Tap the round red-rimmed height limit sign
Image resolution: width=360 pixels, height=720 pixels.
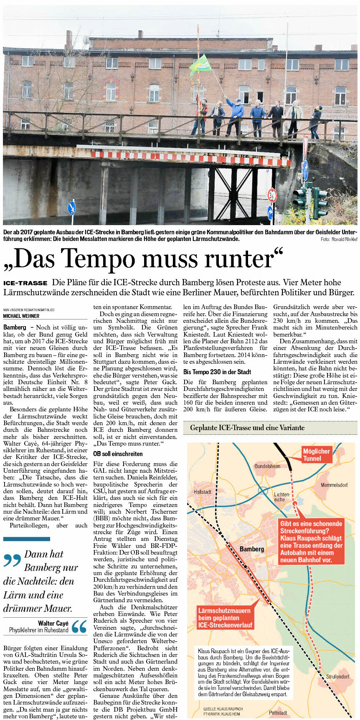coord(272,195)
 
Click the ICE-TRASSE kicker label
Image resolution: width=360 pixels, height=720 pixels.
coord(25,283)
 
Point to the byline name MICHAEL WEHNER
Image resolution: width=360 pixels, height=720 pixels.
coord(21,316)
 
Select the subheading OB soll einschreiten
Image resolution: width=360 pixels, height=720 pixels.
coord(118,454)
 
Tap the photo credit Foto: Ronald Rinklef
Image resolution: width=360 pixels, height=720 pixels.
coord(339,239)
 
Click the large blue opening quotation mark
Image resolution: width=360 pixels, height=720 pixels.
coord(12,560)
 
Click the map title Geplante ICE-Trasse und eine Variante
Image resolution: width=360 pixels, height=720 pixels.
coord(247,428)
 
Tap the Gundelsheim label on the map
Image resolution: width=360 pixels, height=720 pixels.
coord(268,466)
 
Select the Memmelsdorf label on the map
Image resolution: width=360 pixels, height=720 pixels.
coord(334,485)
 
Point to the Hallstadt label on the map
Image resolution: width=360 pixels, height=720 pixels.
coord(203,492)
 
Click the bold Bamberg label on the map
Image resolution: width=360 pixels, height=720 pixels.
coord(252,549)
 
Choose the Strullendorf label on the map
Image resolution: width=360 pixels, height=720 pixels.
coord(338,676)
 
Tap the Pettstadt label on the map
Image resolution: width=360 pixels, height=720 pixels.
coord(278,712)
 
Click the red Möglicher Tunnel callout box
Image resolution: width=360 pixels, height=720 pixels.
coord(317,455)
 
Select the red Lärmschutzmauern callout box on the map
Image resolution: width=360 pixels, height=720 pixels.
coord(225,618)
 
